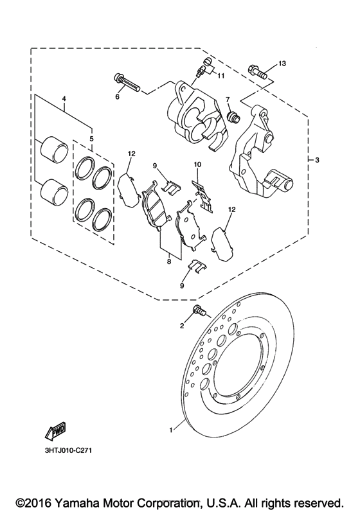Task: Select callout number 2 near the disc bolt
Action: [182, 326]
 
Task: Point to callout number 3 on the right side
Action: [317, 159]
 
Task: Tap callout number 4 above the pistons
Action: [64, 99]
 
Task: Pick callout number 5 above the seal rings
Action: [91, 138]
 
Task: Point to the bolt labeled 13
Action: [257, 71]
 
